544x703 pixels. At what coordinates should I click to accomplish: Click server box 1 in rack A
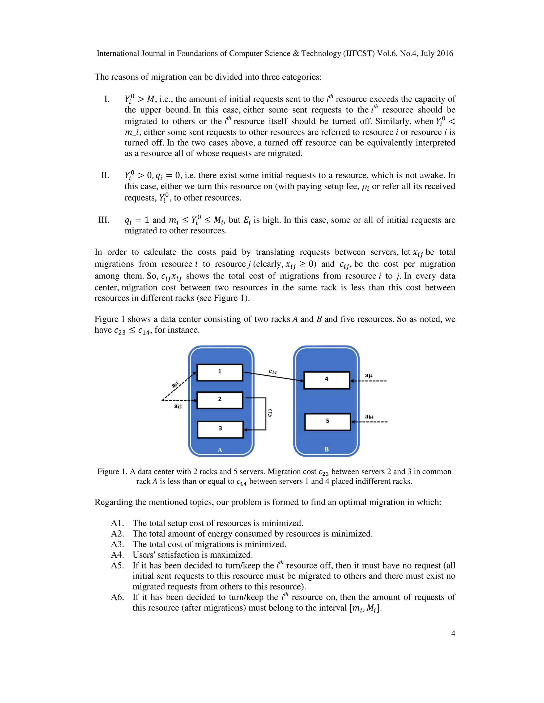click(x=220, y=372)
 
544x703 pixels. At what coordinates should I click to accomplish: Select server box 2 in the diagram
click(x=220, y=400)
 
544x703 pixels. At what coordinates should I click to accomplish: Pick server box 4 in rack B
click(x=326, y=380)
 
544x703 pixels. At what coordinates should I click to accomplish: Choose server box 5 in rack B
click(x=328, y=422)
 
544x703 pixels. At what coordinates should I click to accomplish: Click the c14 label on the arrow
click(x=273, y=371)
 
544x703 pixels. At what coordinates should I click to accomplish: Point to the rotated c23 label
click(x=270, y=413)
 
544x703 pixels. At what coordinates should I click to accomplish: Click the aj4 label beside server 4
click(x=369, y=375)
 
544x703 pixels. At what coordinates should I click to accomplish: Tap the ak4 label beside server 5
click(x=369, y=416)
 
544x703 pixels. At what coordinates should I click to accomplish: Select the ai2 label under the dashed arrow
click(x=178, y=406)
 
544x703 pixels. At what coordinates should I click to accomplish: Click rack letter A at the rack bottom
click(x=220, y=450)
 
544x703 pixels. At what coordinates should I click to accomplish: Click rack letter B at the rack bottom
click(x=326, y=449)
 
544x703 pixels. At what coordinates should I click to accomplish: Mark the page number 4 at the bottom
click(x=453, y=633)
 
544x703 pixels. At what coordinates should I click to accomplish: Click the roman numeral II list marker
click(x=105, y=175)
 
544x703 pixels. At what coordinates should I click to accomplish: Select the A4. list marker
click(x=117, y=555)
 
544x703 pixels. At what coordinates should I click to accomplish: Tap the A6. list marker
click(x=117, y=597)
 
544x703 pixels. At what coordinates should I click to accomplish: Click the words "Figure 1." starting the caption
click(x=112, y=472)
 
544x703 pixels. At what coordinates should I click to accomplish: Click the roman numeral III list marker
click(x=104, y=220)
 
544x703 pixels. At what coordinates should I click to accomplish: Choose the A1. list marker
click(x=117, y=523)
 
